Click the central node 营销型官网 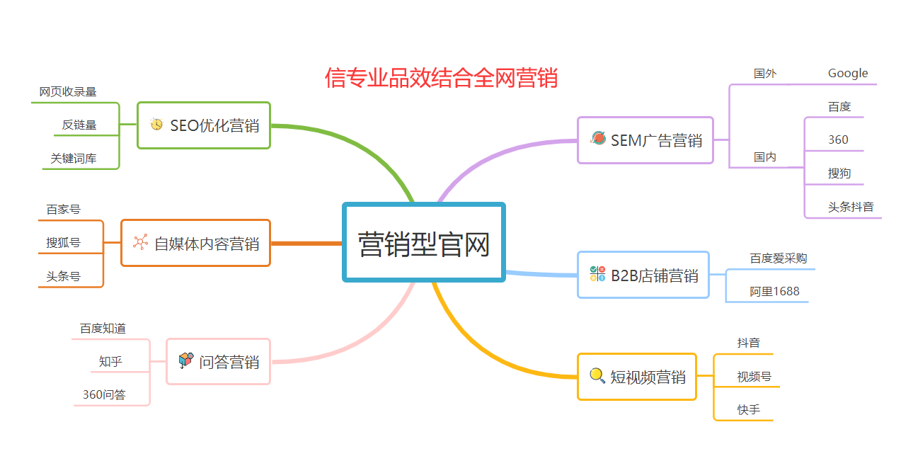pyautogui.click(x=424, y=242)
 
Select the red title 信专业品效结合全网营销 pyautogui.click(x=441, y=77)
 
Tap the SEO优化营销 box pyautogui.click(x=204, y=125)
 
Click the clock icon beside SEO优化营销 pyautogui.click(x=156, y=124)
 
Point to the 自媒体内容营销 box pyautogui.click(x=195, y=243)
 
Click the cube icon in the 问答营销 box pyautogui.click(x=186, y=360)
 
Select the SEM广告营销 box pyautogui.click(x=645, y=140)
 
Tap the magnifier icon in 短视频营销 pyautogui.click(x=597, y=375)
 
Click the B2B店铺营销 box pyautogui.click(x=643, y=275)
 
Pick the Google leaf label pyautogui.click(x=848, y=74)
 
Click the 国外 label pyautogui.click(x=765, y=74)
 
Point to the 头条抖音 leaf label pyautogui.click(x=851, y=207)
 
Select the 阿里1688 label pyautogui.click(x=774, y=291)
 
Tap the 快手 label pyautogui.click(x=749, y=409)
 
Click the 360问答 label pyautogui.click(x=104, y=394)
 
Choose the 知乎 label pyautogui.click(x=110, y=361)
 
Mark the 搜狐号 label pyautogui.click(x=63, y=243)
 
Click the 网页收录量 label pyautogui.click(x=68, y=92)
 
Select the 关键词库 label pyautogui.click(x=74, y=159)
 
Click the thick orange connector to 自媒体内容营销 pyautogui.click(x=306, y=244)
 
